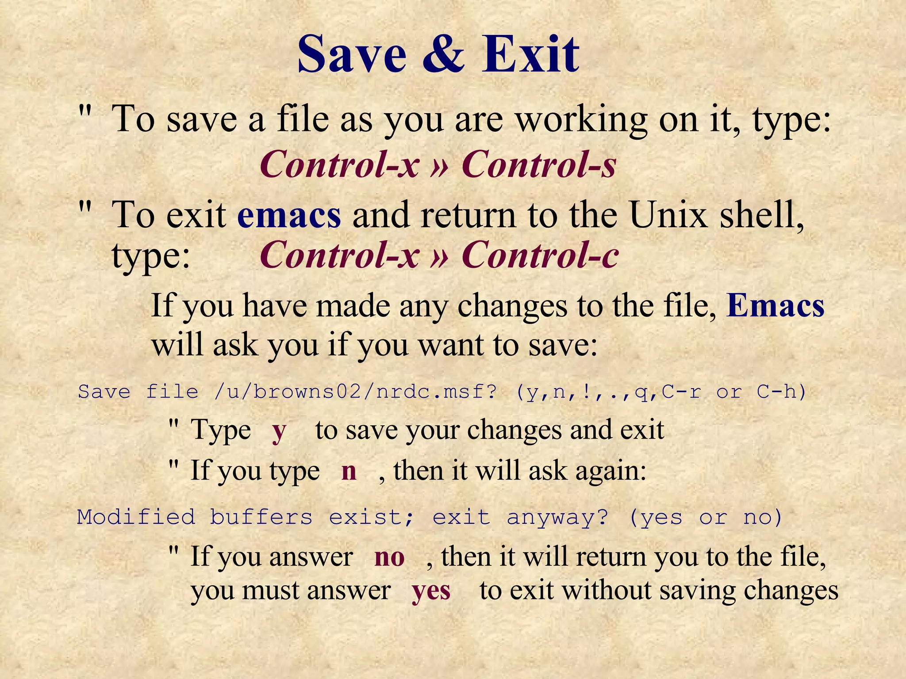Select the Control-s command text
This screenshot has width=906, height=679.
pos(538,164)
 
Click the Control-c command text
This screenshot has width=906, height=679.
pos(540,255)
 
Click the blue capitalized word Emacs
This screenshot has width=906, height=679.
pos(775,306)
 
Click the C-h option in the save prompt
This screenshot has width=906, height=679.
pos(781,392)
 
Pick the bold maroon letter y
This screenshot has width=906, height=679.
pos(279,431)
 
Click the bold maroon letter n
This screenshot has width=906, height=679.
pos(349,471)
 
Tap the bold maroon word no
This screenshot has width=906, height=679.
pos(389,557)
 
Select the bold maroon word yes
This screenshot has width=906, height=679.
pos(431,591)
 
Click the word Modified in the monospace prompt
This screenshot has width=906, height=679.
pos(136,517)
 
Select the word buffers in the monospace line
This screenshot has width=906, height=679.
pos(261,517)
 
